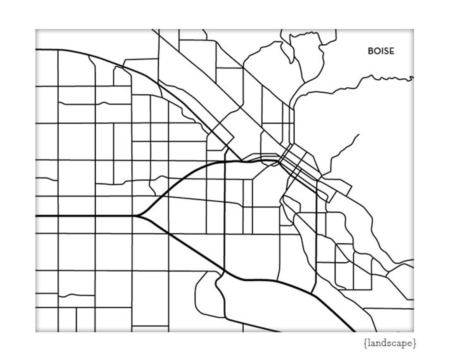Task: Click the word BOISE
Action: [381, 51]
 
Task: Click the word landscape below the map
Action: [390, 343]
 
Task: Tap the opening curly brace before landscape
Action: [365, 343]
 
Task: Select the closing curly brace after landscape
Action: [415, 343]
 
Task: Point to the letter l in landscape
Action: [368, 343]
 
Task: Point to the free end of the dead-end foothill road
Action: [359, 135]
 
